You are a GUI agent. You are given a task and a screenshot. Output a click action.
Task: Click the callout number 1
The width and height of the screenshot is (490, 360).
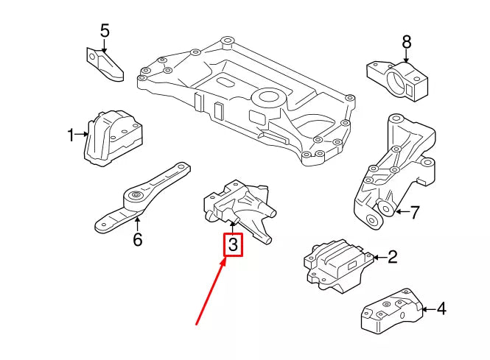click(x=71, y=135)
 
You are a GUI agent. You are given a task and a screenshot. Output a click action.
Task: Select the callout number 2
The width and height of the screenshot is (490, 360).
click(x=393, y=257)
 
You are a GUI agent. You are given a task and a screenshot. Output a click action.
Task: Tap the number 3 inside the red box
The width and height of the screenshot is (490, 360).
click(x=233, y=244)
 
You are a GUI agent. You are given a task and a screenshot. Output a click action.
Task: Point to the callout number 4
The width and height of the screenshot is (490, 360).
click(x=441, y=309)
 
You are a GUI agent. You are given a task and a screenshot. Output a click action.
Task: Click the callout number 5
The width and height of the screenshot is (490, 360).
click(x=104, y=31)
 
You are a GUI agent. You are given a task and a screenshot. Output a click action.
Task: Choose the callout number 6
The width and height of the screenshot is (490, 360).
click(x=137, y=239)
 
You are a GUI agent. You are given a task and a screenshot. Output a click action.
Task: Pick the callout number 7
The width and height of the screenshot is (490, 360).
click(x=414, y=213)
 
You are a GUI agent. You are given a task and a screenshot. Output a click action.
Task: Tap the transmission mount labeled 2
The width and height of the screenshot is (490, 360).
click(x=337, y=261)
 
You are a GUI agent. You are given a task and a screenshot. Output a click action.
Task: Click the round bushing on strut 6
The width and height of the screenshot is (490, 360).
click(x=135, y=197)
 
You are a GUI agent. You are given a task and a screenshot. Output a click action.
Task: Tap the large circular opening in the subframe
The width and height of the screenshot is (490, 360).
click(x=269, y=98)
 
